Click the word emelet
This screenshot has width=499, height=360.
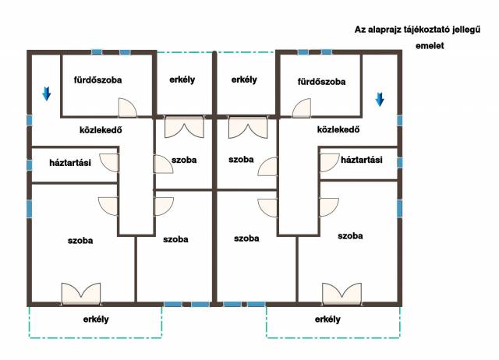[x=430, y=46]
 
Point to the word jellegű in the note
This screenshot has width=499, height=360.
[x=466, y=30]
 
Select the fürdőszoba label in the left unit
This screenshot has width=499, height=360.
[x=97, y=79]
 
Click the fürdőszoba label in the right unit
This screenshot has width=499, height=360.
[x=321, y=82]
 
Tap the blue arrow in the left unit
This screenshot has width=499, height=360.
[x=47, y=94]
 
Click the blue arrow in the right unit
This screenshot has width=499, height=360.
[x=380, y=99]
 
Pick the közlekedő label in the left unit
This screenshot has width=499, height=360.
[x=101, y=130]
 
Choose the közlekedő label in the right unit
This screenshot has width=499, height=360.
[x=338, y=129]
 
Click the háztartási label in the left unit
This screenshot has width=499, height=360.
[x=70, y=163]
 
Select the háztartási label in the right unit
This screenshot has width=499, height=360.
[x=362, y=160]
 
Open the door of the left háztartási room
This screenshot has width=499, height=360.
[x=109, y=163]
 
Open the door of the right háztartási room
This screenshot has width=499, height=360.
[x=330, y=163]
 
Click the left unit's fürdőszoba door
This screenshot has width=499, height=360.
[x=128, y=108]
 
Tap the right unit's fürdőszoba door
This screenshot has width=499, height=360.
[x=302, y=108]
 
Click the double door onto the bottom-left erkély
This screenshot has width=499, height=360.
[x=81, y=294]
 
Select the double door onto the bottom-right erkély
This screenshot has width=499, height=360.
[x=342, y=294]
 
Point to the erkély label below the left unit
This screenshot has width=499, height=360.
[x=96, y=319]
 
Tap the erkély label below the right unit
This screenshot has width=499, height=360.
[x=327, y=319]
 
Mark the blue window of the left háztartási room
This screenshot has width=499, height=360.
[x=30, y=165]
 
